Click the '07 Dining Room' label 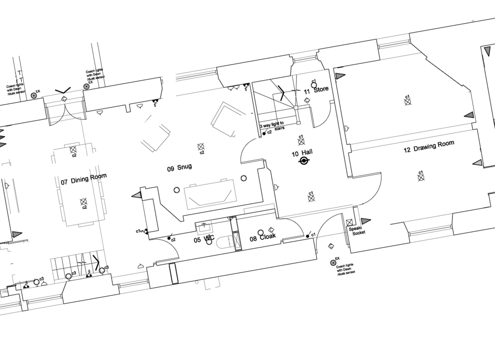84,179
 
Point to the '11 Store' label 316,90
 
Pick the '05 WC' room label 204,239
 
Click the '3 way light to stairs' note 273,126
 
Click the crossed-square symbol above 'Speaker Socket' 349,223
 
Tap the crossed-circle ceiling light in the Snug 200,146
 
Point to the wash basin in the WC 204,228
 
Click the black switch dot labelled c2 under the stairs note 264,133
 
